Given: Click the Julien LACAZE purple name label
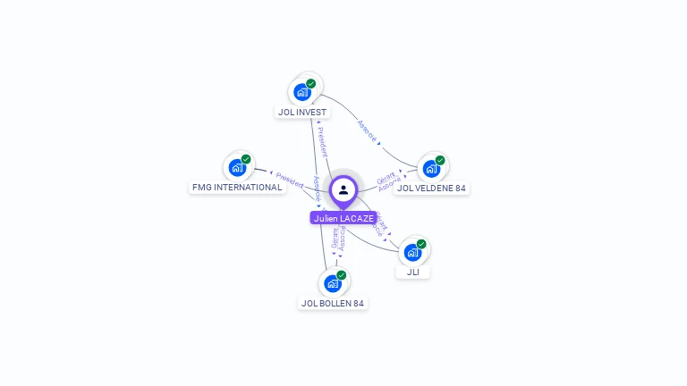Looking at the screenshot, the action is tap(344, 217).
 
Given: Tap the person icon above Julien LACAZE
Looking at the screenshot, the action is tap(343, 189).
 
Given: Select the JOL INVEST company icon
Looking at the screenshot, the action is tap(303, 91).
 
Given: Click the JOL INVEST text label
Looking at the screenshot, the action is tap(302, 113).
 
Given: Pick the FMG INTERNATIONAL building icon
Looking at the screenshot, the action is tap(237, 167).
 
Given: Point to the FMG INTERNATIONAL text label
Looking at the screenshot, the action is tap(237, 188).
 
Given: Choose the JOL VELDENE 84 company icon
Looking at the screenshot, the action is tap(431, 168).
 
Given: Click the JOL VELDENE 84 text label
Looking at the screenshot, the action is tap(433, 189).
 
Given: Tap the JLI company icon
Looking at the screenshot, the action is tap(412, 252).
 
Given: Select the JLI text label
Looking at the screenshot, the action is tap(412, 273).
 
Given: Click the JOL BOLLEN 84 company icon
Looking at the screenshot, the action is tap(333, 283).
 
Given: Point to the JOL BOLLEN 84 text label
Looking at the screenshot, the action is tap(333, 304).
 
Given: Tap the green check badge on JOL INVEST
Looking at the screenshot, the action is tap(310, 83).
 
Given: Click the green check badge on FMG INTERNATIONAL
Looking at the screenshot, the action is tap(246, 159).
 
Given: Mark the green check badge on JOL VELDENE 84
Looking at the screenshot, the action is tap(440, 160).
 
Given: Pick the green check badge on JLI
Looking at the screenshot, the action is tap(421, 244).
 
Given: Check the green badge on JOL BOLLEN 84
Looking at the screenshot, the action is tap(342, 275).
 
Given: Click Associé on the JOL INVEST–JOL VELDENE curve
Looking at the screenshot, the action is tap(367, 131).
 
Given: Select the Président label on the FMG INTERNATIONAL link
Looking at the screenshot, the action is tap(289, 180).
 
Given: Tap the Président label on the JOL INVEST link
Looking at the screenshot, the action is tap(322, 143).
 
